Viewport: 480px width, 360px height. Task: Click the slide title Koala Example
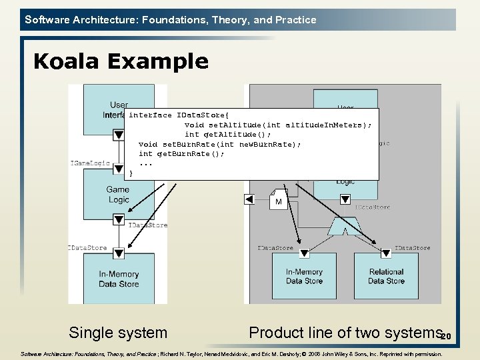(x=121, y=61)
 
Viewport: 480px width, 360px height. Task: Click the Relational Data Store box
(x=386, y=276)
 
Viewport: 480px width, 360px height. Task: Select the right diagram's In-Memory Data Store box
(x=304, y=276)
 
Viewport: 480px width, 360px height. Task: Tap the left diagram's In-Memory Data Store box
(x=119, y=279)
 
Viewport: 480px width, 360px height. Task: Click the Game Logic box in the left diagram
(x=118, y=194)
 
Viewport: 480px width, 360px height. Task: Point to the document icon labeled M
(x=278, y=200)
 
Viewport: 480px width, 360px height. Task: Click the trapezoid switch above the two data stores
(x=345, y=227)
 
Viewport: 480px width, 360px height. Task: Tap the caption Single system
(x=118, y=332)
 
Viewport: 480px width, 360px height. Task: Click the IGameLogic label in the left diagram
(x=89, y=163)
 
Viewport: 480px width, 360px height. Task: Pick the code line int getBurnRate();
(x=181, y=154)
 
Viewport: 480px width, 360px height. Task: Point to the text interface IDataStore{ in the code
(x=169, y=115)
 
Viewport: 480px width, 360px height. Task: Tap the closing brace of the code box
(x=131, y=173)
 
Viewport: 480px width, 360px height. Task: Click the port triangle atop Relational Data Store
(x=386, y=253)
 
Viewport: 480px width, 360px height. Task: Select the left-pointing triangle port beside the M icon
(x=249, y=199)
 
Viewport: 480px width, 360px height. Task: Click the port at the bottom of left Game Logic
(x=119, y=218)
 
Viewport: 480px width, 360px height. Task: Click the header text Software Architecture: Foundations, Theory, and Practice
(x=171, y=20)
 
